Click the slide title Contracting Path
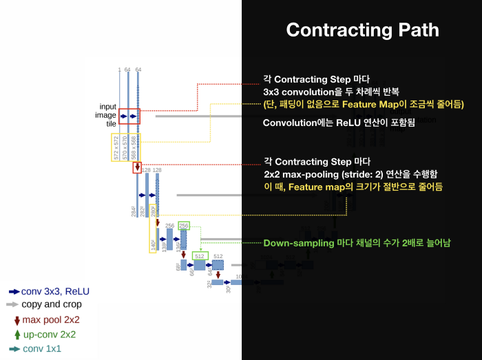(362, 30)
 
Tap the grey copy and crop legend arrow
(13, 304)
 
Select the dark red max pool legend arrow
(15, 319)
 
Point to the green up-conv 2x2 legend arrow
(15, 335)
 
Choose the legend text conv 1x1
(42, 348)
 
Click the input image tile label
(107, 116)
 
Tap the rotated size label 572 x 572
(116, 148)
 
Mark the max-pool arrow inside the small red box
(137, 167)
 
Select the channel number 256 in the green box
(183, 225)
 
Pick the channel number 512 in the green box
(200, 256)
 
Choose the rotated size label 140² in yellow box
(153, 244)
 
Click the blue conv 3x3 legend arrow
(14, 291)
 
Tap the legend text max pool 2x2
(51, 319)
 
